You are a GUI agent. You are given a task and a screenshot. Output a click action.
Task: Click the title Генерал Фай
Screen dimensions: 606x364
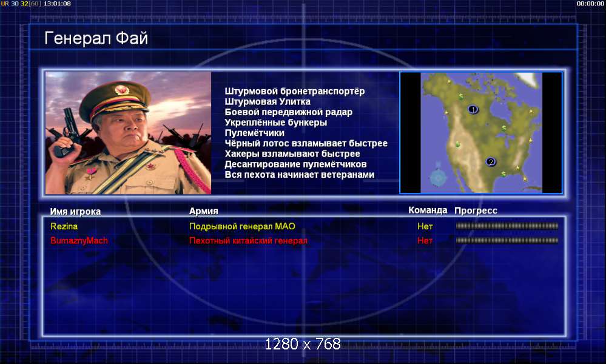[x=96, y=39]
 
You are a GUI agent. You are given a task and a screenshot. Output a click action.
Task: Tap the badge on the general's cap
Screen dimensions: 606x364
[x=122, y=90]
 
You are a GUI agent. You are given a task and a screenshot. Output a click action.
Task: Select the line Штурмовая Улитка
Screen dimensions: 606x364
[x=268, y=102]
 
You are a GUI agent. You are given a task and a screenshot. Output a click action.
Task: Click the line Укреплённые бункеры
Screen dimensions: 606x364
[x=276, y=123]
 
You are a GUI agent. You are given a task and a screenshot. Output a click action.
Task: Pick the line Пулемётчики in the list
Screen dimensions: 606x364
[x=254, y=133]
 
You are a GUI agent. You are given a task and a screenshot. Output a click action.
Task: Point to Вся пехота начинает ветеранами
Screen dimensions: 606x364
[x=300, y=175]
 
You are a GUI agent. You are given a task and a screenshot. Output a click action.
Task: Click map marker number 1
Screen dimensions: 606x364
[x=473, y=110]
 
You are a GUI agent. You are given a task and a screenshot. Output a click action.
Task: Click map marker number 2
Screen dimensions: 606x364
[x=491, y=162]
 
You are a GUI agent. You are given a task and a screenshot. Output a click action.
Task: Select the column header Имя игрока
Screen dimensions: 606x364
[x=75, y=211]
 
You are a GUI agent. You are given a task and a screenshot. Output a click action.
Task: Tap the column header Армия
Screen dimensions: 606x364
[x=204, y=211]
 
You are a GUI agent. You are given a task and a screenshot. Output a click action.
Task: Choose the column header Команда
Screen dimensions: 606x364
[x=428, y=210]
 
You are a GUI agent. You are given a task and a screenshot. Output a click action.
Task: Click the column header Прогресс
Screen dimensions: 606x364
[x=476, y=211]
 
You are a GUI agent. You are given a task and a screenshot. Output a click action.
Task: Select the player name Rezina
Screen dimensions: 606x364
[x=64, y=226]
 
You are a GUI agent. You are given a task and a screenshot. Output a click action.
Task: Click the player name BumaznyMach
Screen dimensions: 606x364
[x=79, y=241]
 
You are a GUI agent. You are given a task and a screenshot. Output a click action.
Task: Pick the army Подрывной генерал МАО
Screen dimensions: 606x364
[x=242, y=226]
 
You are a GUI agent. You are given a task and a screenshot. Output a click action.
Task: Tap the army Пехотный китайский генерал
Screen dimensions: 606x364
[x=248, y=241]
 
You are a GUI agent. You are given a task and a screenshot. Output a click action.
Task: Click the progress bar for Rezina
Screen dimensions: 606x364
[x=507, y=226]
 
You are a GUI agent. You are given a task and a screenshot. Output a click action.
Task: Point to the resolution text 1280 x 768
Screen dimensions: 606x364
[x=303, y=344]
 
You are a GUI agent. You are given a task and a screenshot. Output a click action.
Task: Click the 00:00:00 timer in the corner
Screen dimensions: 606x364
[x=590, y=4]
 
